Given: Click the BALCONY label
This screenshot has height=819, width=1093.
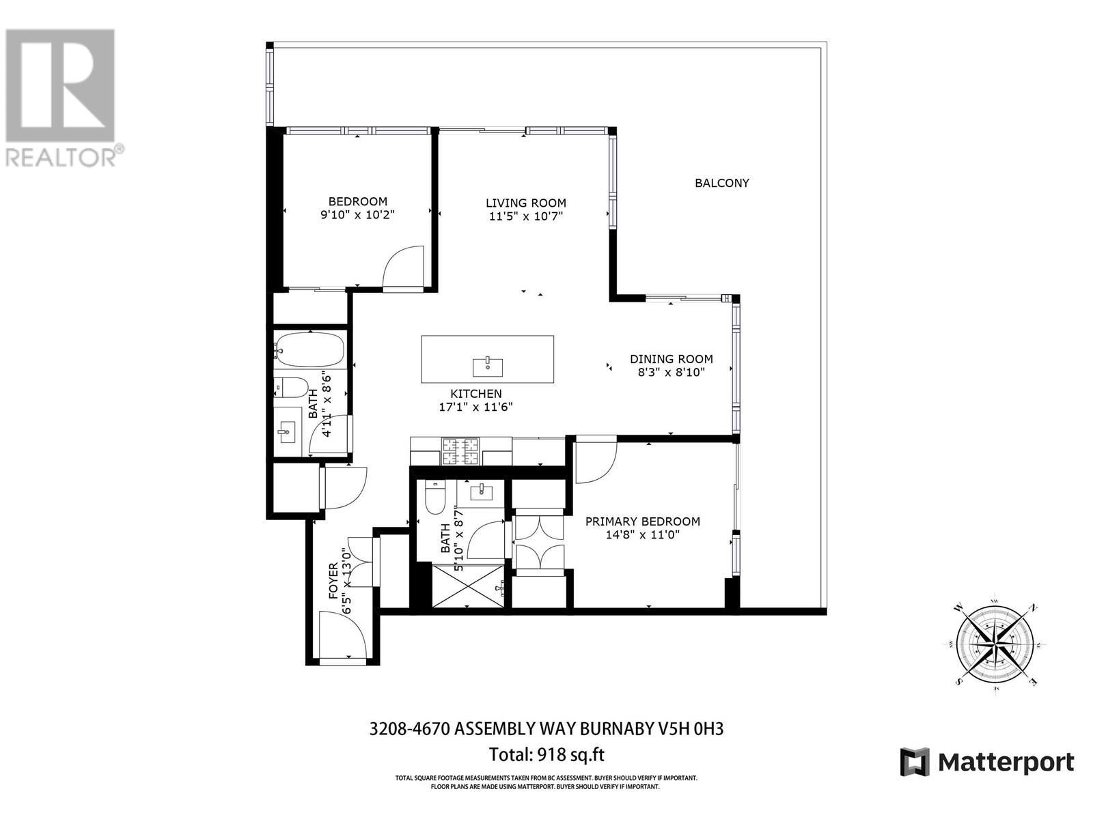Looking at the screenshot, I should click(721, 183).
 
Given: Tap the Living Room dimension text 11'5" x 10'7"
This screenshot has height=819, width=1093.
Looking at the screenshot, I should click(526, 216).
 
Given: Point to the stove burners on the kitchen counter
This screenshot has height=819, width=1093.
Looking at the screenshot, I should click(461, 450).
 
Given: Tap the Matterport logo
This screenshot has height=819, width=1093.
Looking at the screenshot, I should click(987, 762).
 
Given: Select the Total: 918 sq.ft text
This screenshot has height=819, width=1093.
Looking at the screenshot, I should click(546, 755).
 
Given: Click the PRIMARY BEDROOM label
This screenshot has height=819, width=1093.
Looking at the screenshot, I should click(642, 521).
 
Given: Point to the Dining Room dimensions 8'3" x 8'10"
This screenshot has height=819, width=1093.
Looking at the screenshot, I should click(671, 372).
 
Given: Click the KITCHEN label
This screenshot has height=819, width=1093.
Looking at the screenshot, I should click(475, 394).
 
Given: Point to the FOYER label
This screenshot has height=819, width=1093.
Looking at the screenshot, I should click(334, 581).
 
